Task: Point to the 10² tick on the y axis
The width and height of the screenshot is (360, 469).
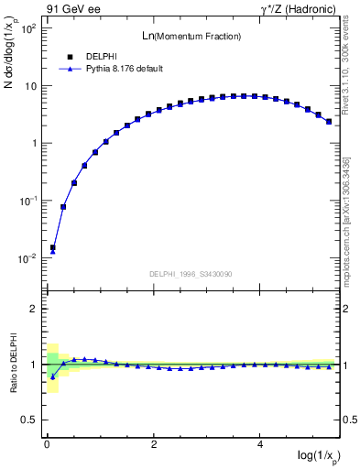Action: click(x=27, y=28)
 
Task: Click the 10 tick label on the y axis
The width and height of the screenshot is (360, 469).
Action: click(x=29, y=86)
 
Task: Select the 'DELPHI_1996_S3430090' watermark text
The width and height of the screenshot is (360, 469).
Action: click(x=191, y=274)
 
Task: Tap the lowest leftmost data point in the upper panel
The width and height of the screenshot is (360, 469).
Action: click(x=52, y=247)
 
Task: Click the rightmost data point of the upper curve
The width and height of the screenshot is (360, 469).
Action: click(x=329, y=121)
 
